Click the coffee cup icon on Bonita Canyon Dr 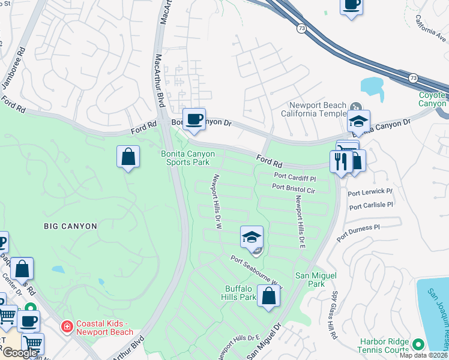(194, 119)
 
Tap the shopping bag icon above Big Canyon (128, 157)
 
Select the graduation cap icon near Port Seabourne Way (252, 237)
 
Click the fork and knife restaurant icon (340, 161)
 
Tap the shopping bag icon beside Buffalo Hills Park (269, 295)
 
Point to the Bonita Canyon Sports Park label (187, 158)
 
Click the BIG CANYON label (70, 226)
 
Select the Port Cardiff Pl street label (295, 178)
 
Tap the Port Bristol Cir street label (294, 188)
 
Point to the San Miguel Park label (316, 279)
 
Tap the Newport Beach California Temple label (314, 109)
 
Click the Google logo (20, 353)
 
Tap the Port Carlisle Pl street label (370, 205)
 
